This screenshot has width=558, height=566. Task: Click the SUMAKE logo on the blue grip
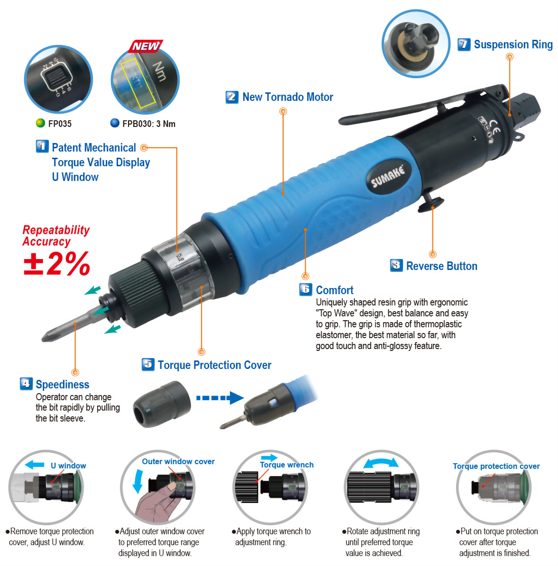point(388,177)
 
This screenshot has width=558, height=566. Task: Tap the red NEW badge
point(146,46)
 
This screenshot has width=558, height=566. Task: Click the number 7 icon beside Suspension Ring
point(464,45)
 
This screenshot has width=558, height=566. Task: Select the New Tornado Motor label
point(287,97)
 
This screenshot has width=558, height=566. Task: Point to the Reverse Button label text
point(441,266)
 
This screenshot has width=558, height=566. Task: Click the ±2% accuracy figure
point(57,263)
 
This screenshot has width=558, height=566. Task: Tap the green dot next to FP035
point(41,123)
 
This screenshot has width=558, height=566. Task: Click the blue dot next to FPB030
point(115,123)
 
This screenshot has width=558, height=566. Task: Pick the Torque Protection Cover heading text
point(214,365)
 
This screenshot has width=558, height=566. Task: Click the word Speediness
point(63,385)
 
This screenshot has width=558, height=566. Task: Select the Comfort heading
point(335,290)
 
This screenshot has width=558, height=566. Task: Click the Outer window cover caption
point(178,461)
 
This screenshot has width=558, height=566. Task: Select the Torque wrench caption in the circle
point(286,465)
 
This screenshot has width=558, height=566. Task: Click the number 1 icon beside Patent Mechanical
point(42,146)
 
